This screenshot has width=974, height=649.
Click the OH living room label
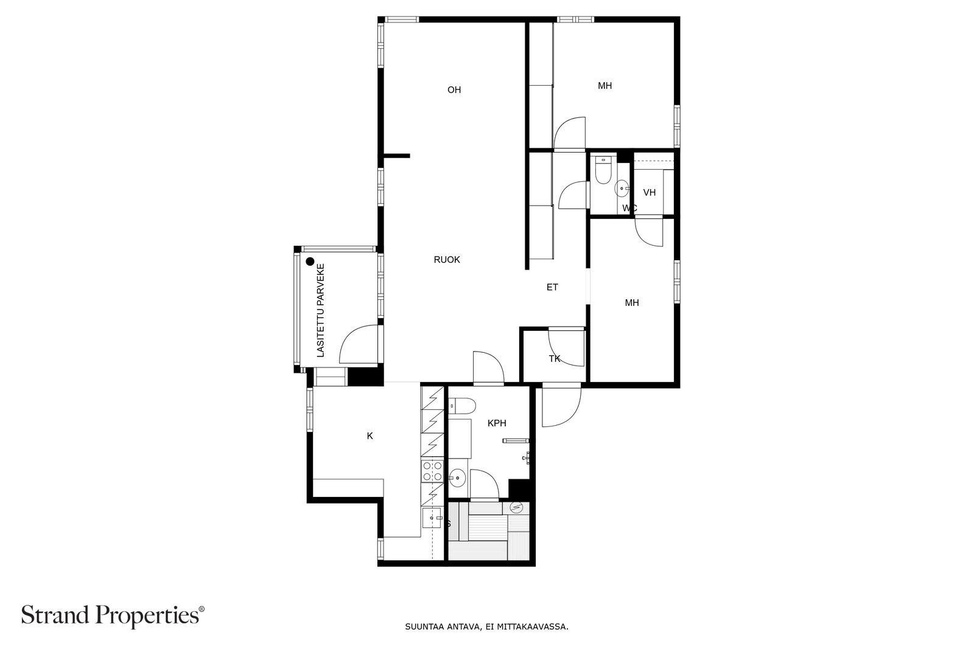[x=454, y=90]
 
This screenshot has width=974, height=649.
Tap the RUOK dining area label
[x=447, y=260]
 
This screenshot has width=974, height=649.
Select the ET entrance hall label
[x=552, y=287]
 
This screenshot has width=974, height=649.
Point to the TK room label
[x=555, y=359]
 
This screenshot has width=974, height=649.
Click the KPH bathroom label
[x=497, y=423]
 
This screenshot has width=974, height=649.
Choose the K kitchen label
[x=370, y=436]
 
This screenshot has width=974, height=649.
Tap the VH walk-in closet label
[x=649, y=192]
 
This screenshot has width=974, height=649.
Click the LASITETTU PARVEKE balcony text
[x=320, y=311]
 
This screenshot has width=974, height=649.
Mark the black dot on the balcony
[x=310, y=262]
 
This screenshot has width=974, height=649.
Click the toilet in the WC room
[x=603, y=170]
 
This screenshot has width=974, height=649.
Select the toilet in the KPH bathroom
[x=462, y=406]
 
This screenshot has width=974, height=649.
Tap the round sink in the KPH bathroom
[x=457, y=478]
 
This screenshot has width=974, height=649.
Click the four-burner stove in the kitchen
[x=432, y=471]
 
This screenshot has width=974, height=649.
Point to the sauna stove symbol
[x=516, y=508]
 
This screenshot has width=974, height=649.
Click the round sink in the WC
[x=622, y=189]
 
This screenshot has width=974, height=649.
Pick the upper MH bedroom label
[x=605, y=86]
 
